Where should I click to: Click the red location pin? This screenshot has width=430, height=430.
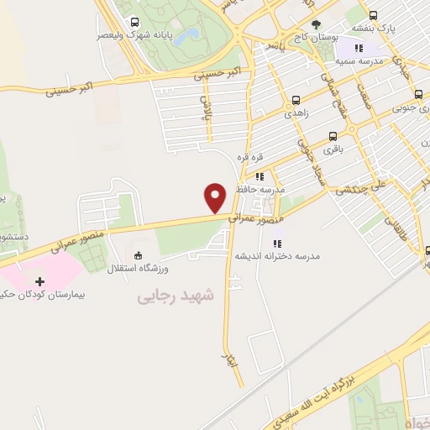(216, 197)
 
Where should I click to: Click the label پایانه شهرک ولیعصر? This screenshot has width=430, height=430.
(123, 35)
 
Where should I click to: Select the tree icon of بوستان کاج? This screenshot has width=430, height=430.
(316, 24)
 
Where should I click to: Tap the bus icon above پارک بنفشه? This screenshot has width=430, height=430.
(373, 15)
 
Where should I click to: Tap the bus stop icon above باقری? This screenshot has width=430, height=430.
(333, 135)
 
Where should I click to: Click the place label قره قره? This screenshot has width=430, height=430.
(250, 158)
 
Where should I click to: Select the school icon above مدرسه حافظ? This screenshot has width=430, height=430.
(260, 177)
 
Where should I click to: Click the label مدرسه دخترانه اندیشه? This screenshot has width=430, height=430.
(286, 255)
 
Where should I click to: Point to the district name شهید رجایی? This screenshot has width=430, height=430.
(176, 296)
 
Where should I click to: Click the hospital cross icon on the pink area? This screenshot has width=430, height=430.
(39, 281)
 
